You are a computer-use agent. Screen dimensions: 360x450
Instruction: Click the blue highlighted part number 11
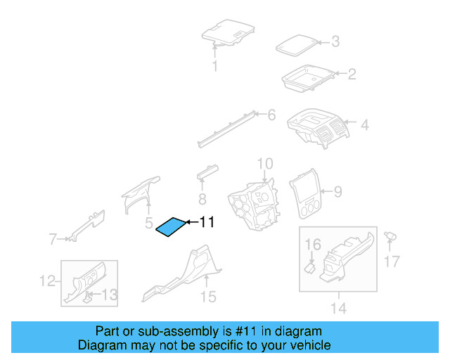pos(172,228)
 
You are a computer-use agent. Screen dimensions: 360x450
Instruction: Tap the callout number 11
pos(206,222)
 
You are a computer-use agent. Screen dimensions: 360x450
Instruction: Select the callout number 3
pos(335,42)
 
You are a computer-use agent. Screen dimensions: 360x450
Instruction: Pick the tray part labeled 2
pos(307,77)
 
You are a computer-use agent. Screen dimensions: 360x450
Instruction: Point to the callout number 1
pos(215,67)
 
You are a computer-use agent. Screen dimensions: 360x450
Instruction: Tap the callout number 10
pos(264,165)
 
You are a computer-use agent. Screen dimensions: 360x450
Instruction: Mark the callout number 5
pos(149,224)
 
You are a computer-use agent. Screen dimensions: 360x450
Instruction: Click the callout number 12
pos(46,281)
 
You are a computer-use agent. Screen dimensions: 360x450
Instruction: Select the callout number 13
pos(110,294)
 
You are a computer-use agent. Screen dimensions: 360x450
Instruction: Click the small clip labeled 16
pos(309,267)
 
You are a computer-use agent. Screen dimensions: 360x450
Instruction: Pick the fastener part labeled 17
pos(390,237)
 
